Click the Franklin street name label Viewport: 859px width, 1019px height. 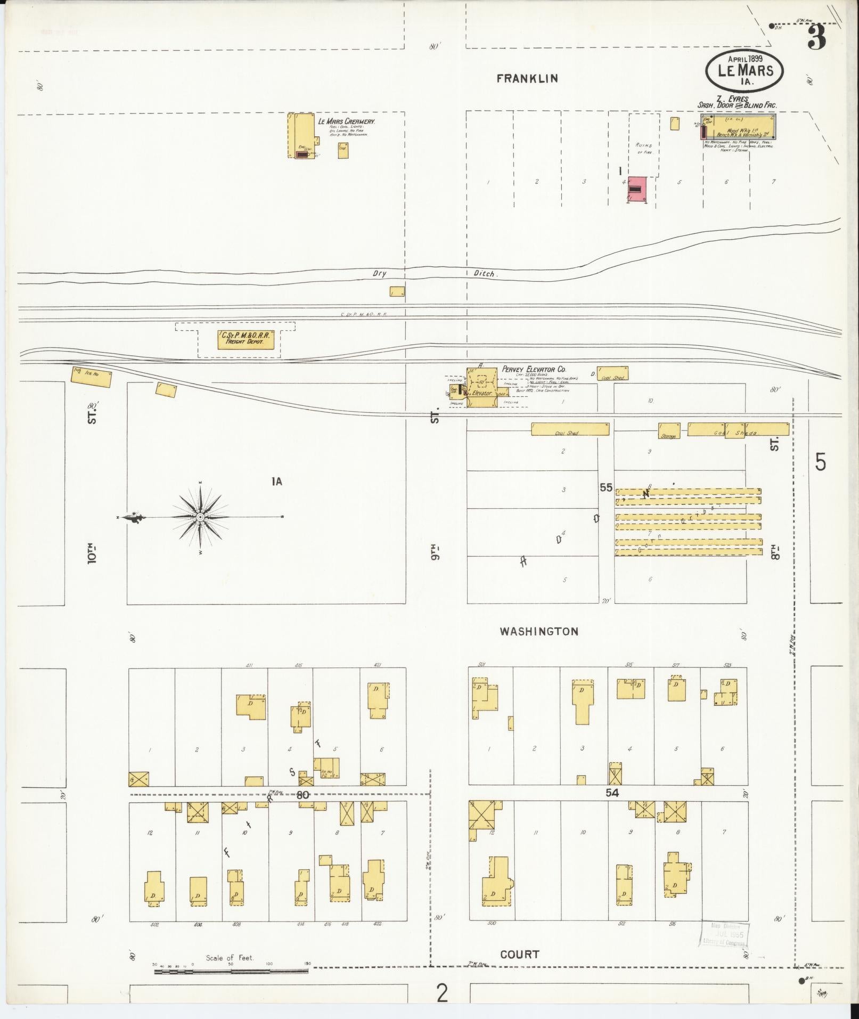point(527,78)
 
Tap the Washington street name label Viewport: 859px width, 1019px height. point(538,631)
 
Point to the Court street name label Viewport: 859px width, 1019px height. point(519,954)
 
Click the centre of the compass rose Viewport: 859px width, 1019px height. point(200,517)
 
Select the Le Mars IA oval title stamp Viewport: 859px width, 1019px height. point(746,70)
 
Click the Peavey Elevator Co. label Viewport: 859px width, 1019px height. point(534,369)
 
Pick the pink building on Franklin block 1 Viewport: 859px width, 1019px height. point(637,190)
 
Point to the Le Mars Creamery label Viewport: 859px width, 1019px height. point(347,121)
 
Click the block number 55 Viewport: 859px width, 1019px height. point(606,487)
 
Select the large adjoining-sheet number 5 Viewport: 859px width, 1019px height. point(821,462)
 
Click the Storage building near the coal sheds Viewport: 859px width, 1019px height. point(669,430)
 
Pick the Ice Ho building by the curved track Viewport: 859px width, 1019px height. point(92,377)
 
